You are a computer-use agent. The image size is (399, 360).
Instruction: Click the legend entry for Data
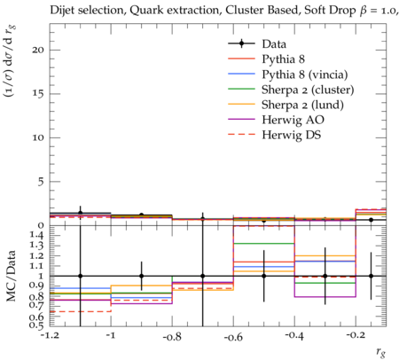pos(274,44)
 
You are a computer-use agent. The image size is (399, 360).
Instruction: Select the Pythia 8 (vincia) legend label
pos(305,74)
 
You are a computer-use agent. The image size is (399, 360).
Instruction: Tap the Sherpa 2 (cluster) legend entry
pos(308,90)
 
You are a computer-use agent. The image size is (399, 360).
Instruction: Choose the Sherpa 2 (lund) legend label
pos(302,105)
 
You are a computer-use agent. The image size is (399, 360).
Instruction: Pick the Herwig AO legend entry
pos(293,120)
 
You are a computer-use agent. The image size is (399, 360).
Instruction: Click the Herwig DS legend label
pos(292,135)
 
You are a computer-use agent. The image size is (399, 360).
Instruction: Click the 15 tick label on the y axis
pos(38,94)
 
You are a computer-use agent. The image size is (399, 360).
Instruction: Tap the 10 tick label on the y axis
pos(38,137)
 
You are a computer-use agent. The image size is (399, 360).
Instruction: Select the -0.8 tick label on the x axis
pos(172,336)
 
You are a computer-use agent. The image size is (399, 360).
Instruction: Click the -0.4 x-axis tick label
pos(294,336)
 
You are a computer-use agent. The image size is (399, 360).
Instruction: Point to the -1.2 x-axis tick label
pos(50,335)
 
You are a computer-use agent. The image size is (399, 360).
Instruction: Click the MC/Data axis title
pos(11,276)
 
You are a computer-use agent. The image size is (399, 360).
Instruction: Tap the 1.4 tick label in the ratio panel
pos(36,235)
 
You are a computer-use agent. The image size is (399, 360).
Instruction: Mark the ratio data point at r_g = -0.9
pos(142,276)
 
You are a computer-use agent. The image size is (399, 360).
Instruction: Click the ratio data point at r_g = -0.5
pos(264,276)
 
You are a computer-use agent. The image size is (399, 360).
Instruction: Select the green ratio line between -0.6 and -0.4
pos(264,244)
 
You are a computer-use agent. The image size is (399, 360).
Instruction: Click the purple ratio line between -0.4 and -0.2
pos(325,297)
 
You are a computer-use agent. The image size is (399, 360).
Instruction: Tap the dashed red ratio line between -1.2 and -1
pos(81,311)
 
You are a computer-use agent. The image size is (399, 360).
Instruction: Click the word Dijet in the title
pos(62,11)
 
